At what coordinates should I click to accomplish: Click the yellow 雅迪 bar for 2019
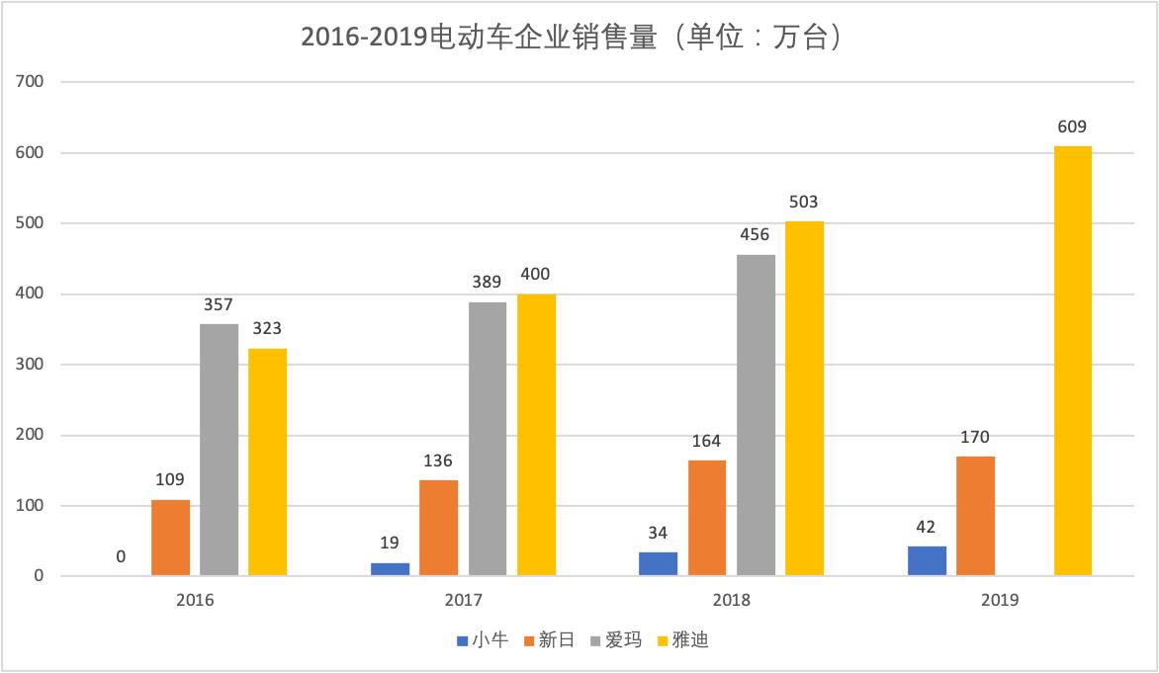(x=1073, y=361)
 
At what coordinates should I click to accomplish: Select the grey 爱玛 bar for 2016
(x=219, y=450)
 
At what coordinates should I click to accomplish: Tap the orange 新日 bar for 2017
(x=438, y=528)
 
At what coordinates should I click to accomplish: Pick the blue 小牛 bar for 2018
(x=659, y=564)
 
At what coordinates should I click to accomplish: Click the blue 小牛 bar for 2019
(x=927, y=561)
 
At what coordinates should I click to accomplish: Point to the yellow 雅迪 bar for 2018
(x=804, y=398)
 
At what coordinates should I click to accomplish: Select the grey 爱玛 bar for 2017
(x=488, y=439)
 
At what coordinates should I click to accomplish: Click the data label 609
(x=1073, y=126)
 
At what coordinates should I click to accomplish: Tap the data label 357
(x=219, y=304)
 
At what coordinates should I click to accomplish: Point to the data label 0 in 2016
(x=121, y=556)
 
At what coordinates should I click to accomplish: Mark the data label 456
(x=755, y=234)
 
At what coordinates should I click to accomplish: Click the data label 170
(x=975, y=437)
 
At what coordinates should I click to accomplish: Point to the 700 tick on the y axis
(x=31, y=82)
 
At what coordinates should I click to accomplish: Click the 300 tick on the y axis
(x=31, y=365)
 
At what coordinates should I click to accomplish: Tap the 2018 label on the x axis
(x=732, y=600)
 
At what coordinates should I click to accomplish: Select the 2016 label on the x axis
(x=195, y=600)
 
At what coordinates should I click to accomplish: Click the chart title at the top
(x=579, y=38)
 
